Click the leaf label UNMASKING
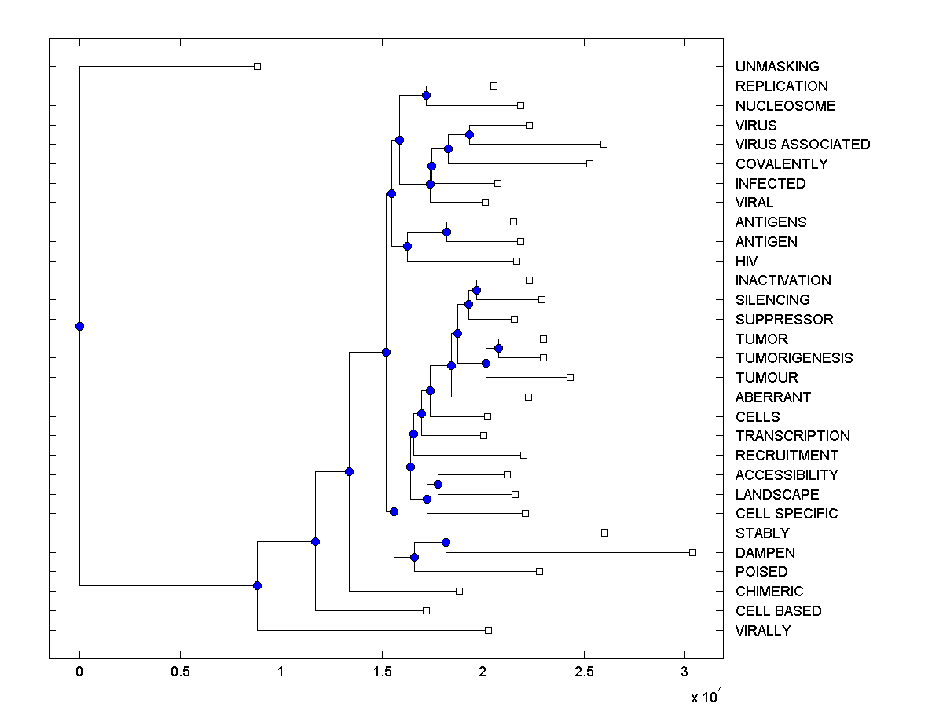[776, 67]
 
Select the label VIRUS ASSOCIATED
[802, 145]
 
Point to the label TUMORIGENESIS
[794, 358]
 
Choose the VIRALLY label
[763, 631]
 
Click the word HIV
[747, 261]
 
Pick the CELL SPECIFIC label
[787, 514]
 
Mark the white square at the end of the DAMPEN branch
[692, 552]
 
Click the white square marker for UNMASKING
[257, 66]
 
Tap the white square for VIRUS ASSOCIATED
[604, 144]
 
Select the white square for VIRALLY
[488, 630]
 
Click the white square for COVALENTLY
[589, 163]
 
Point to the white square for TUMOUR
[570, 377]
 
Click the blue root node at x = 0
[79, 326]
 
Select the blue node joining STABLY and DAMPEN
[446, 542]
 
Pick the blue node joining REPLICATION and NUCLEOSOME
[426, 95]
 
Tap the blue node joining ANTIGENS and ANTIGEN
[446, 232]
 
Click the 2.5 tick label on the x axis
[584, 673]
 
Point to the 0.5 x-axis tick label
[180, 673]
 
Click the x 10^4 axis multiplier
[705, 697]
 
